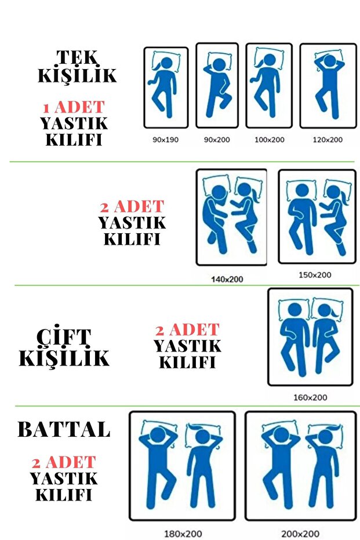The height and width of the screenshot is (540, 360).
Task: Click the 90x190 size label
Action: pos(165,140)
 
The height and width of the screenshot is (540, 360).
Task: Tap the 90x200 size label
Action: pos(217,140)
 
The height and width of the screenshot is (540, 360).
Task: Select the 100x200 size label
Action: pos(270,140)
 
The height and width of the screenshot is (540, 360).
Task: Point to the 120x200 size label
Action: pos(328,140)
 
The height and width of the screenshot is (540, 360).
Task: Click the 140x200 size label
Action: pos(227,280)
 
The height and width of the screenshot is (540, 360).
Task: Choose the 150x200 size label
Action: pos(315,275)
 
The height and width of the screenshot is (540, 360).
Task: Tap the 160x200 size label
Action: pos(310,398)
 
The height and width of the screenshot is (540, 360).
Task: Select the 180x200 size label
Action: pos(183,534)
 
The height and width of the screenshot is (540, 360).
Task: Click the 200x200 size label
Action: pos(300,534)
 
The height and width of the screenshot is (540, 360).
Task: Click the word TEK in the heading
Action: pos(78,57)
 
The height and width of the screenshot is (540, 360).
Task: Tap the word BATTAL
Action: pos(64,429)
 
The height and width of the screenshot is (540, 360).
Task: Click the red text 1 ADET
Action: pos(74,107)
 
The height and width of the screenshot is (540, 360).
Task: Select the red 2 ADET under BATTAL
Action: pos(64,462)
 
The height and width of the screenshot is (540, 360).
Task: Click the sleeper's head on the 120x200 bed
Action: pos(329,61)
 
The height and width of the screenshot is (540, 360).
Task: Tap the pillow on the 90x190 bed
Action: pos(166,61)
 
